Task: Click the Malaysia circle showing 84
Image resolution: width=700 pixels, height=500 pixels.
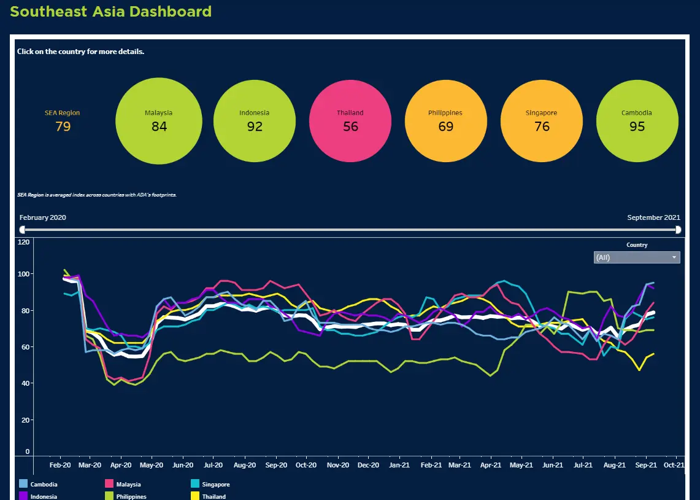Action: (158, 121)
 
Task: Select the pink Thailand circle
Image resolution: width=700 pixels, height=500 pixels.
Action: (350, 121)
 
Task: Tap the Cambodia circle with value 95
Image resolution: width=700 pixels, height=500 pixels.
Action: (637, 121)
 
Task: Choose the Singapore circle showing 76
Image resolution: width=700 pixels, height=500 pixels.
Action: (542, 121)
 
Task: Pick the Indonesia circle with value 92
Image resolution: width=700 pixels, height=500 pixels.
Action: (255, 121)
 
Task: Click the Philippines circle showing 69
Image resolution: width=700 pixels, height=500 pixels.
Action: (446, 121)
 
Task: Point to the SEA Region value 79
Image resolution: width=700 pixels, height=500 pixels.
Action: (63, 127)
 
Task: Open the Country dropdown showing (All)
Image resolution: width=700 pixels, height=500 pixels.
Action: (637, 257)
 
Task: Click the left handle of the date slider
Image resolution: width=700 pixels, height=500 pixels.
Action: (23, 230)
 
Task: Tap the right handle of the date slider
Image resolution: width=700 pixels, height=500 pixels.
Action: (678, 230)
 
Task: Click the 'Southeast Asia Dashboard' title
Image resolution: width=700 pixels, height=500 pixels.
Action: (111, 11)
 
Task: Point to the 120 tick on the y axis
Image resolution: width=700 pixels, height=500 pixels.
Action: (24, 242)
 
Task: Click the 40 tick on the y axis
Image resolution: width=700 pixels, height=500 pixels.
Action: (25, 383)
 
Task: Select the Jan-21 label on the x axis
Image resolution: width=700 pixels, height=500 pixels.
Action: (399, 466)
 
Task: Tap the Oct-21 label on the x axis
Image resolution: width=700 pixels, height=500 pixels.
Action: (674, 466)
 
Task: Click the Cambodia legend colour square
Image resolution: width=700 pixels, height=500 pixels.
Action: (23, 484)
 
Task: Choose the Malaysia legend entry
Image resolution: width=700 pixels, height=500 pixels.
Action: (128, 485)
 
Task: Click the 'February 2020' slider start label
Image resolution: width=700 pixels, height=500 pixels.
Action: (43, 217)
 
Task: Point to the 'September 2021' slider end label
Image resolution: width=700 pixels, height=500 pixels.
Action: (653, 217)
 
